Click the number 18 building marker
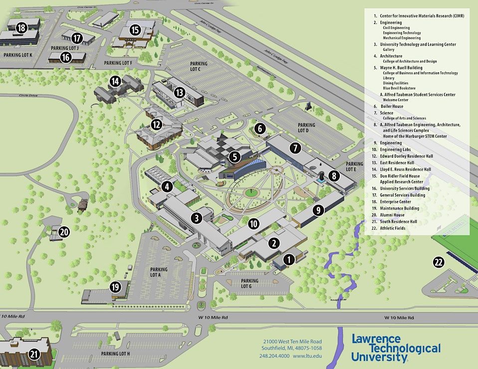(x=21, y=28)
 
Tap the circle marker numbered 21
(x=34, y=355)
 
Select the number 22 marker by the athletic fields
(x=439, y=262)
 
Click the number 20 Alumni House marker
(x=64, y=231)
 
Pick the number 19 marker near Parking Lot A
(x=116, y=287)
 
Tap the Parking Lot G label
(x=249, y=284)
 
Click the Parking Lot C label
(x=199, y=66)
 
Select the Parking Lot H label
(x=115, y=354)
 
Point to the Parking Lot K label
(x=17, y=55)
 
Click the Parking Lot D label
(x=306, y=128)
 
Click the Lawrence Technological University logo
(x=396, y=347)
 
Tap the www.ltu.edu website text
(x=307, y=356)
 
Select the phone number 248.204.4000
(x=274, y=356)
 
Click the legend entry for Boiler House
(x=392, y=106)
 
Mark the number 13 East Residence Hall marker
(x=180, y=92)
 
